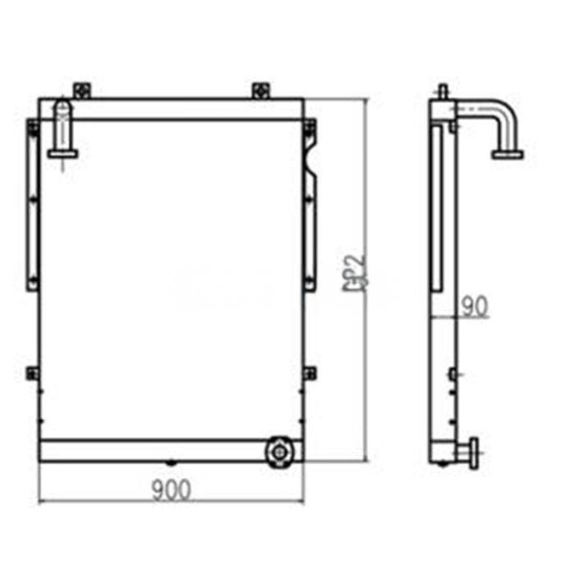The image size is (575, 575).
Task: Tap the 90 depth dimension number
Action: click(474, 306)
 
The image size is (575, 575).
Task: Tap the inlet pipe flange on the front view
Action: click(63, 151)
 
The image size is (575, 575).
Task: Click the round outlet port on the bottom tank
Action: click(278, 450)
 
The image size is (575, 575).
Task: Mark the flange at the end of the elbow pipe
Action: click(508, 153)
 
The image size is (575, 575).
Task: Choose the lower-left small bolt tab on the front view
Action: click(33, 373)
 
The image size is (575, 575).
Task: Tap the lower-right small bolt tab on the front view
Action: click(309, 373)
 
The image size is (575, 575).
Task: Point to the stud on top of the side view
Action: click(443, 90)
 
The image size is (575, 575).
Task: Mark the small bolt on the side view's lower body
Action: click(452, 375)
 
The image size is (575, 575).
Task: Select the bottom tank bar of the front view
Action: click(156, 450)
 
